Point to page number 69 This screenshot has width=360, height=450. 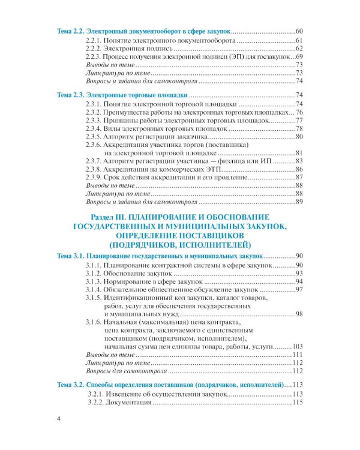[x=301, y=56]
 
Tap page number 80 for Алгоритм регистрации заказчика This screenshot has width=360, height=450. [x=301, y=137]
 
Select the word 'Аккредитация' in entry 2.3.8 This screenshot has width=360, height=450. [x=128, y=170]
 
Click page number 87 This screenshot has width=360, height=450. [x=301, y=178]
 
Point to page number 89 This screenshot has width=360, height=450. [x=301, y=203]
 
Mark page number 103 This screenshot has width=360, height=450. [x=299, y=347]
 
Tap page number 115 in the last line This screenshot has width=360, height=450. [x=299, y=402]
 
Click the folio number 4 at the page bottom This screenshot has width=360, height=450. [x=58, y=419]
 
